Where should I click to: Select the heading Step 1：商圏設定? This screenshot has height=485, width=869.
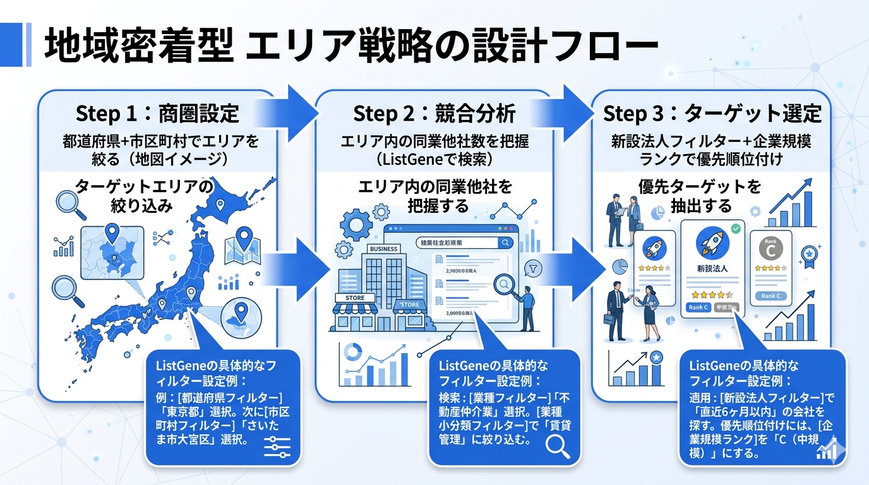157,114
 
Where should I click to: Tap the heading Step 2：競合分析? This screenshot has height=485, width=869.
434,114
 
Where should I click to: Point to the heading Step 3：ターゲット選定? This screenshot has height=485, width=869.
712,114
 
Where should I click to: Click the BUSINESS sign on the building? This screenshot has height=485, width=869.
383,249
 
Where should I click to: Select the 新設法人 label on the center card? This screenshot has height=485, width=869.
712,268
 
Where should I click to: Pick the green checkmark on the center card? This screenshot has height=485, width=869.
735,227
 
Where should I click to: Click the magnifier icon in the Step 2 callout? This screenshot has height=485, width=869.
558,445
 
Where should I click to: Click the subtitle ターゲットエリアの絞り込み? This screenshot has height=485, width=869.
144,196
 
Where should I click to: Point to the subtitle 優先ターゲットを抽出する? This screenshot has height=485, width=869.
698,196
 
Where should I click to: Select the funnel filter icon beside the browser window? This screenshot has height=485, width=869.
534,269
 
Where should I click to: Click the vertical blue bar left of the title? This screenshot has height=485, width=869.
27,45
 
